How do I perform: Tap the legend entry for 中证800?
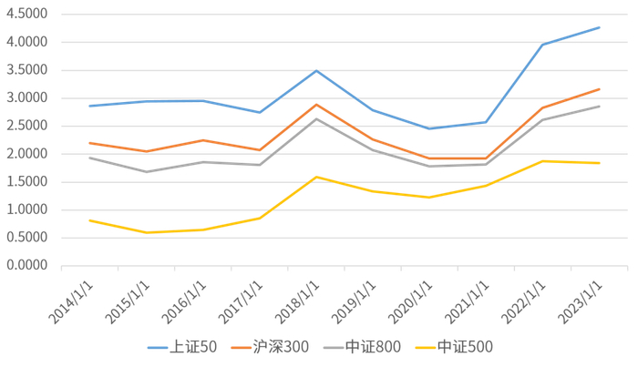(x=372, y=347)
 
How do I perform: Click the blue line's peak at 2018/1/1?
(x=316, y=70)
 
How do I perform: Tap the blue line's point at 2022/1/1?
(x=542, y=45)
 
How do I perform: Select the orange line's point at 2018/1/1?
(x=316, y=105)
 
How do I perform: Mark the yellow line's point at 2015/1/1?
(x=146, y=232)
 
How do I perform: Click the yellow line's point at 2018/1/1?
(x=316, y=177)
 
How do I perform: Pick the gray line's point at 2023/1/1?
(x=599, y=107)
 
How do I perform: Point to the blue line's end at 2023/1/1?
(x=599, y=27)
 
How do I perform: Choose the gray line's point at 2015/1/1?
(x=146, y=171)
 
